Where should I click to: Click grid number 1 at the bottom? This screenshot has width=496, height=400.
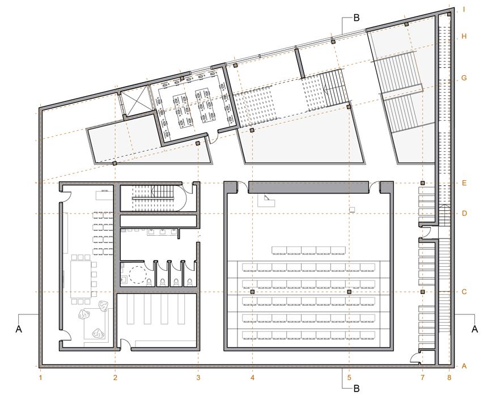point(40,377)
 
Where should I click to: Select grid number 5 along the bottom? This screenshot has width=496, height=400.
point(349,377)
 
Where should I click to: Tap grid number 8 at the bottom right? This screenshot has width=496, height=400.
point(449,377)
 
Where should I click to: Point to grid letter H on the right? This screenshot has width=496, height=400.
point(464,36)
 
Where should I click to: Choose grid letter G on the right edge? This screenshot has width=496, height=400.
point(464,78)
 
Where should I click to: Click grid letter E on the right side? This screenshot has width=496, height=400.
point(464,183)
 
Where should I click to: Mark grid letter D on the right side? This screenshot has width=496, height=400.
point(464,213)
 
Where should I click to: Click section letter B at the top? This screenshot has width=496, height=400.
point(357,18)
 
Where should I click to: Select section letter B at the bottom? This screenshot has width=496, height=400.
point(357,388)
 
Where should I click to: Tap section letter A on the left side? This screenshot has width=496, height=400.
point(19,329)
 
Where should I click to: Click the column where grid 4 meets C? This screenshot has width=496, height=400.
point(252,292)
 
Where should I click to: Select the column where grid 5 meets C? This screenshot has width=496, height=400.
point(349,292)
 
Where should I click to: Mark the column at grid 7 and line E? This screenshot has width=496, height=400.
point(422,183)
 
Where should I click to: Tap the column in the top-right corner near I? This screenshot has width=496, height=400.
point(449,14)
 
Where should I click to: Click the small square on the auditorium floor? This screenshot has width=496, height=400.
point(352,210)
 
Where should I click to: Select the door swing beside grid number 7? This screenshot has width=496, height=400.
point(415,358)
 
